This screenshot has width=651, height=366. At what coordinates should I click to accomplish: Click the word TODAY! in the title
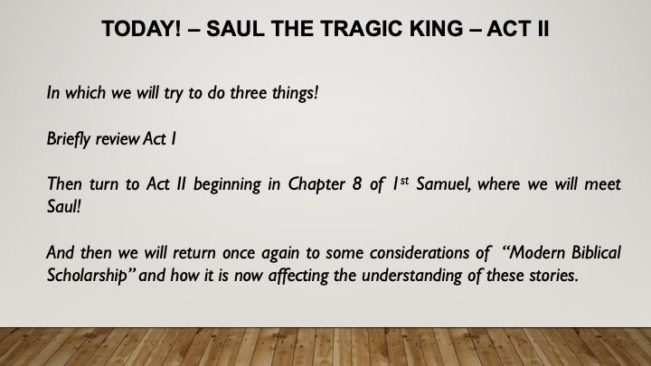coord(142,29)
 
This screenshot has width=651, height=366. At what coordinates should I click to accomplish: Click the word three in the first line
coord(249,92)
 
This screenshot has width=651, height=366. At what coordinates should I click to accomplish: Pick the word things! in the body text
coord(295,93)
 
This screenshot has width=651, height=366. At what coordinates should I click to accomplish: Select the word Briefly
coord(68,139)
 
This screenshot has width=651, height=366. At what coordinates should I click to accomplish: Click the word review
coord(118,139)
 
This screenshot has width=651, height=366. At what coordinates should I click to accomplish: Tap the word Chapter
coord(316,184)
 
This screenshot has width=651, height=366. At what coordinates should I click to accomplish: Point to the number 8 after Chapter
coord(356,184)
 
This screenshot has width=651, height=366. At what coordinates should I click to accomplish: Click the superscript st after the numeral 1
coord(404,181)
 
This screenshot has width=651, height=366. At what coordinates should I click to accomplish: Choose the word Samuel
coord(443,184)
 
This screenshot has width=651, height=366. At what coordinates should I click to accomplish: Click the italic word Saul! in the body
coord(63,206)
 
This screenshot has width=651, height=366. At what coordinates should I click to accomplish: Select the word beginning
coord(227,184)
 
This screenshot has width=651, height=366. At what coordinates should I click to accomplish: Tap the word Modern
coord(537,253)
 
